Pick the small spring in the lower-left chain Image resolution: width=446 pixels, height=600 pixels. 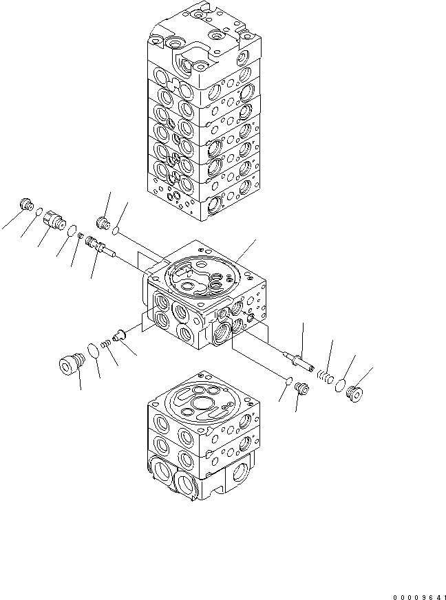[105, 341]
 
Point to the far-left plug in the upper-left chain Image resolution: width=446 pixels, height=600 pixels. [27, 204]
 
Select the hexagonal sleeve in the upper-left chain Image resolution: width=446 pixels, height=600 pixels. [53, 220]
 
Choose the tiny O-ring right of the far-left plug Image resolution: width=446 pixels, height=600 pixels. [39, 212]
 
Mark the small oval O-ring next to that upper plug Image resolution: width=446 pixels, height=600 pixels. [116, 228]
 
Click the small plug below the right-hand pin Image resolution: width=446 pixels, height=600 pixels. [301, 389]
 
